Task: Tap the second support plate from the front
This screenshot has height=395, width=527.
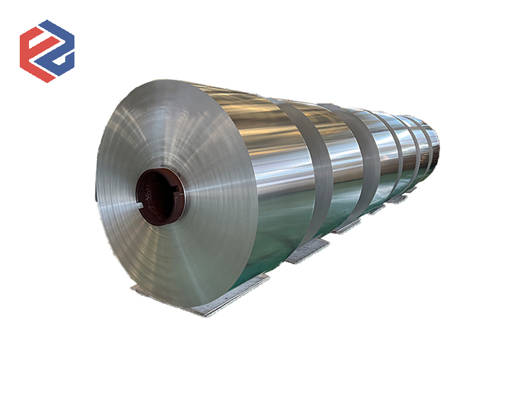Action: pos(307,250)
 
